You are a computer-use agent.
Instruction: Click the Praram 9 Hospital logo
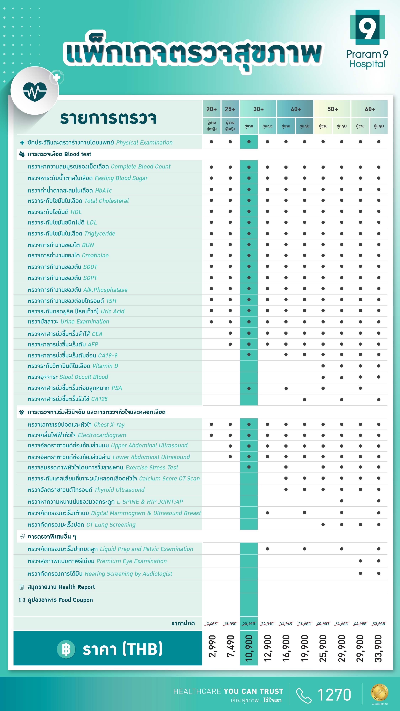367,39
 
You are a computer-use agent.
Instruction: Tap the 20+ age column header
211,109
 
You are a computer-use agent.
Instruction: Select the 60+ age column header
370,109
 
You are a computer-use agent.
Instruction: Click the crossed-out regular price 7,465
211,624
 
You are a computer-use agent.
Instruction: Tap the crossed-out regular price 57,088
378,624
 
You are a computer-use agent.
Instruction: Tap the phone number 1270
334,694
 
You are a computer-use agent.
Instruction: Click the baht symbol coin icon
66,649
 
